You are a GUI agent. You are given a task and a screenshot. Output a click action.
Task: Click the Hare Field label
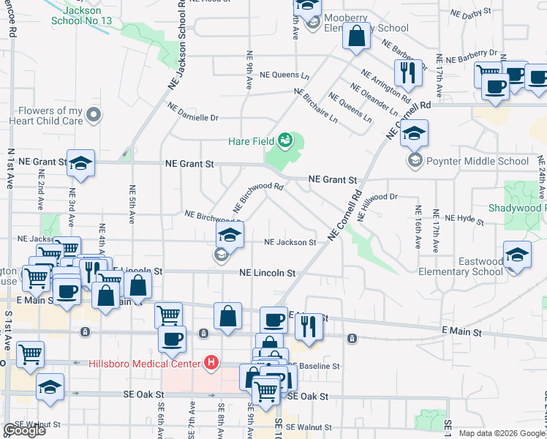(x=251, y=141)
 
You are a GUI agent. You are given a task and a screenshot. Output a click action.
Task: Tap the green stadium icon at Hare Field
(x=286, y=140)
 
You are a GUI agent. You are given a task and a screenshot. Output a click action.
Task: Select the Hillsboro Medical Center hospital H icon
(x=211, y=362)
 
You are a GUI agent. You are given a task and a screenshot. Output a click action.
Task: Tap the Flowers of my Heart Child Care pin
(x=93, y=115)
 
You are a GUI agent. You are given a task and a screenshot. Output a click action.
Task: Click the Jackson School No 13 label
(x=81, y=16)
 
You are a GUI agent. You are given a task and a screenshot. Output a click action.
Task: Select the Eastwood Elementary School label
(x=461, y=266)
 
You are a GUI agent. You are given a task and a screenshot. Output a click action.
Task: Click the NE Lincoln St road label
(x=268, y=273)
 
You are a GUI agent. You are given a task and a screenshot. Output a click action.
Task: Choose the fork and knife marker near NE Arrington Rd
(x=406, y=72)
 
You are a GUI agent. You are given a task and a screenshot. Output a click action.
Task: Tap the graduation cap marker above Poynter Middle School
(x=414, y=132)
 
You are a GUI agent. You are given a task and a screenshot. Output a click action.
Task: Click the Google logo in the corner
(x=24, y=430)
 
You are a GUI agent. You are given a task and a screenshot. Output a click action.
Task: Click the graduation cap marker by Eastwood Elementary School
(x=518, y=257)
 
